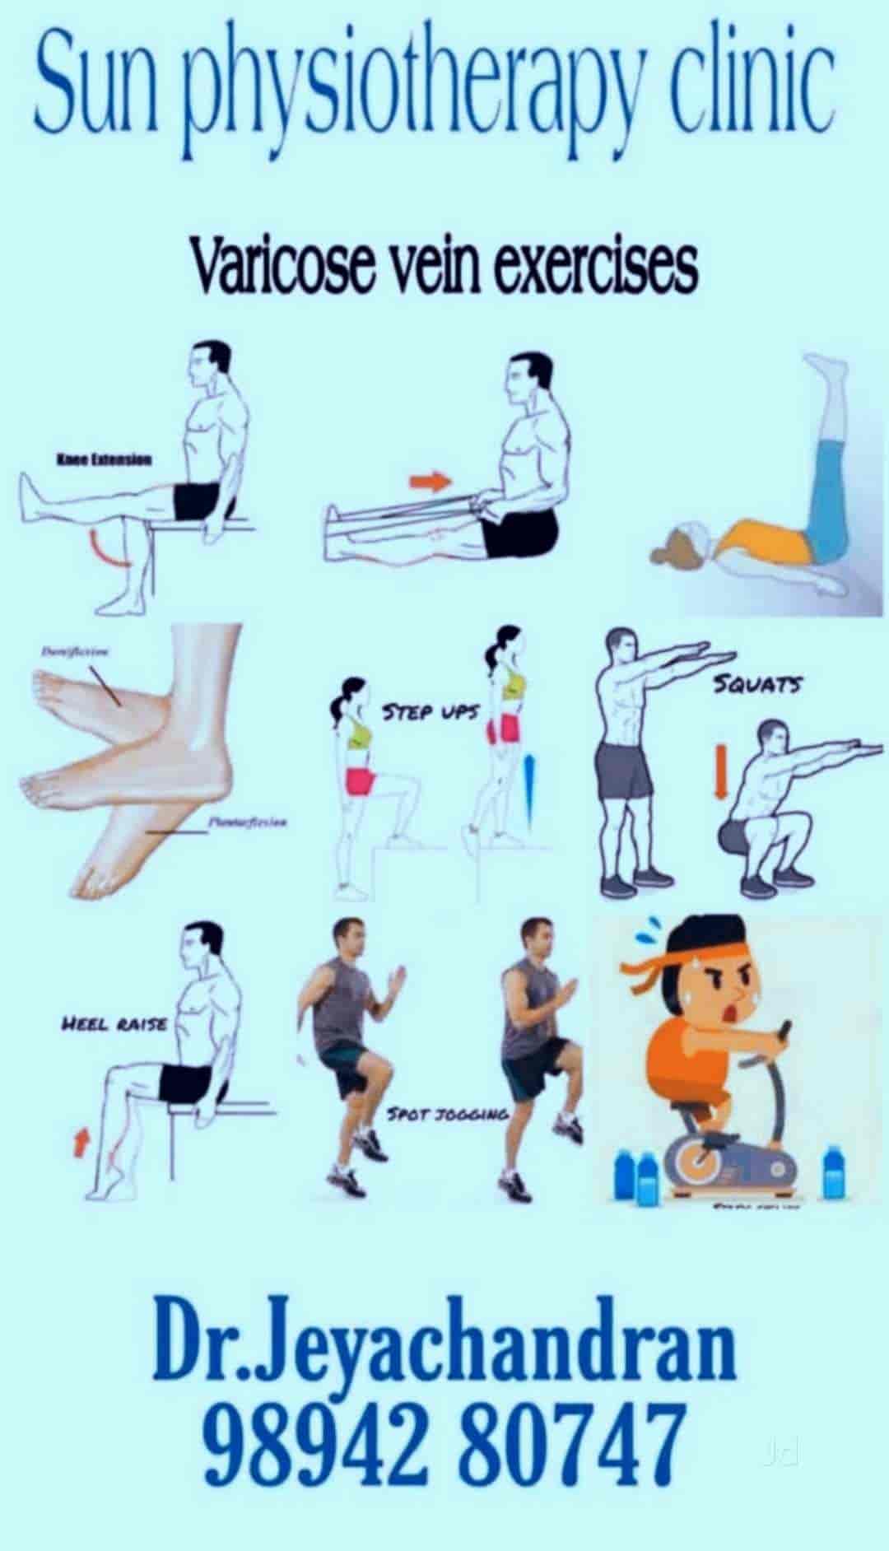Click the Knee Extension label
[104, 459]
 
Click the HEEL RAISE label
[115, 1025]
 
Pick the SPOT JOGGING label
[449, 1114]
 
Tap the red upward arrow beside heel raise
[80, 1143]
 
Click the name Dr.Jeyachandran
[444, 1352]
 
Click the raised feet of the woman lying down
[827, 370]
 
